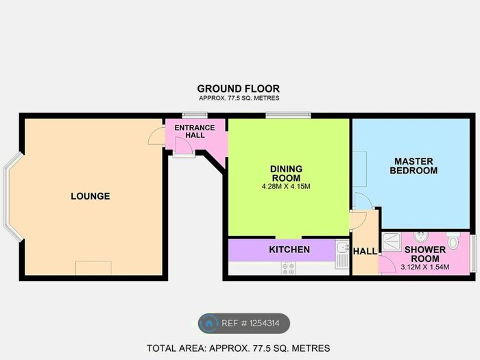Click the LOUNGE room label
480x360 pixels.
pyautogui.click(x=91, y=196)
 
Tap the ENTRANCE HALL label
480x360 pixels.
pyautogui.click(x=195, y=132)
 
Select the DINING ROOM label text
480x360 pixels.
pyautogui.click(x=286, y=173)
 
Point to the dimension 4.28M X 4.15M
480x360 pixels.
pyautogui.click(x=286, y=187)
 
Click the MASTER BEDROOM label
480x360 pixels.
pyautogui.click(x=413, y=166)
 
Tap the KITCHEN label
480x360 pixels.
pyautogui.click(x=289, y=250)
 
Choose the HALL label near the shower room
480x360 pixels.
pyautogui.click(x=365, y=252)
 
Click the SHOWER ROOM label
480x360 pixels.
pyautogui.click(x=425, y=254)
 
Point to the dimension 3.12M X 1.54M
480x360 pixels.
pyautogui.click(x=425, y=267)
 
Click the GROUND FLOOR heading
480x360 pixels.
pyautogui.click(x=239, y=88)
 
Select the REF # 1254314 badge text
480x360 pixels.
pyautogui.click(x=250, y=323)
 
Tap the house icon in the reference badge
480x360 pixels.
pyautogui.click(x=209, y=323)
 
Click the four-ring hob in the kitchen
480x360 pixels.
pyautogui.click(x=289, y=268)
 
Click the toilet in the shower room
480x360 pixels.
pyautogui.click(x=453, y=240)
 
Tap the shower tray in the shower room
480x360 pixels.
pyautogui.click(x=392, y=242)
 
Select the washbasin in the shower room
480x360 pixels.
pyautogui.click(x=420, y=237)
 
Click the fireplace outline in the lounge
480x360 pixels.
pyautogui.click(x=93, y=268)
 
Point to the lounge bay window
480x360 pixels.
pyautogui.click(x=12, y=197)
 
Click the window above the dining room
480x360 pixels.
pyautogui.click(x=288, y=115)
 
